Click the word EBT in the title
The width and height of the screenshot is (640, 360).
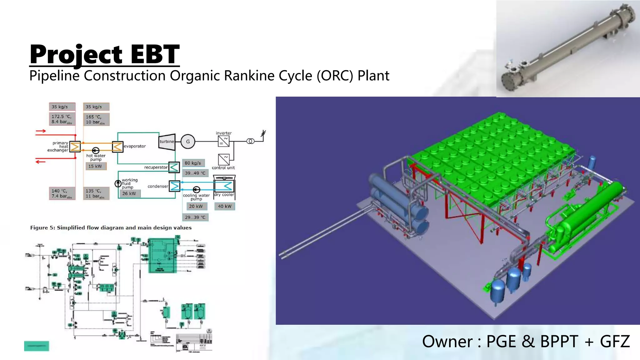pos(155,54)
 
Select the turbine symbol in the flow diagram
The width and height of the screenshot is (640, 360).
pos(167,142)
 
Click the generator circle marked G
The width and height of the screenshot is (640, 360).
pos(188,142)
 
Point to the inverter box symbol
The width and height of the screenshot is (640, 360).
pos(224,141)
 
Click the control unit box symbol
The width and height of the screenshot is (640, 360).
pos(224,160)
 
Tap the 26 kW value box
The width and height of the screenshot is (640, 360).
pos(129,193)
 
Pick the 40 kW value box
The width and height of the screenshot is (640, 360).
pos(224,206)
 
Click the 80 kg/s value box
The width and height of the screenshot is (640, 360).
pos(193,163)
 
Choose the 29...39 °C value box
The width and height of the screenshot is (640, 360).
pos(195,217)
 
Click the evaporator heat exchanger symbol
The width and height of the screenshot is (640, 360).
pos(117,146)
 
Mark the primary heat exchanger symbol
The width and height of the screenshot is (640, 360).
pos(75,146)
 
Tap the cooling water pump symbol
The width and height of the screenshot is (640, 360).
pos(196,190)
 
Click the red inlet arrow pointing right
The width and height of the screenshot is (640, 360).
pos(41,131)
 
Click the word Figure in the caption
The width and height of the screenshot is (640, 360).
pos(39,228)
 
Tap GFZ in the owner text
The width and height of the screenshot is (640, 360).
pos(615,342)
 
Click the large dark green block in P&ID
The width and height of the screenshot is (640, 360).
pos(162,256)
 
